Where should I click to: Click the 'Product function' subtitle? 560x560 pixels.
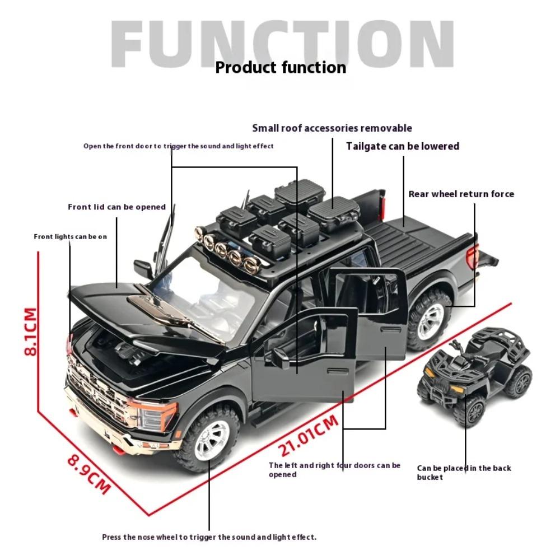281,68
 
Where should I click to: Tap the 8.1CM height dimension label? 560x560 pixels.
30,330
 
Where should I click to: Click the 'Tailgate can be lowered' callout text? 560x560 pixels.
402,146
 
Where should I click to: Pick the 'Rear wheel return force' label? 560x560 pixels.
461,194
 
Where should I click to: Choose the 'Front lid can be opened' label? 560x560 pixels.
116,207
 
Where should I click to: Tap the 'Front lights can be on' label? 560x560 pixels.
70,237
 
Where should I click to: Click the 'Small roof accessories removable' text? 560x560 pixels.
332,128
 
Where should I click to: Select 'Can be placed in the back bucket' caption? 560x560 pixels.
464,473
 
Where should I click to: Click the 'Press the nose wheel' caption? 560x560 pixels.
209,537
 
